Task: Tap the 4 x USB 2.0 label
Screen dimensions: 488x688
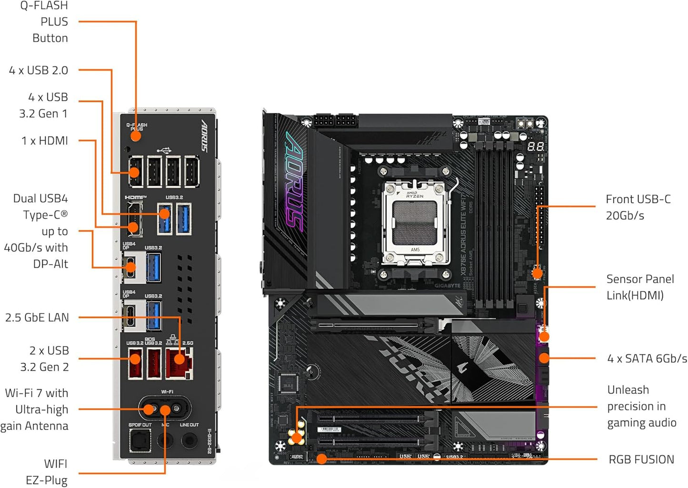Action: point(39,70)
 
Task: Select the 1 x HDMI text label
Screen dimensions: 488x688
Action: point(45,141)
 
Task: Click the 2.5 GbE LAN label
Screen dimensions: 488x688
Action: point(37,318)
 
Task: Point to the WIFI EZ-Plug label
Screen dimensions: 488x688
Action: point(47,472)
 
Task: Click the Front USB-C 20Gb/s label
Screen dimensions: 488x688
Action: point(638,207)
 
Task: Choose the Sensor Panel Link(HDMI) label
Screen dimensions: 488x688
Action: point(639,287)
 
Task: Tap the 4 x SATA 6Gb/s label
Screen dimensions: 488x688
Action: point(647,359)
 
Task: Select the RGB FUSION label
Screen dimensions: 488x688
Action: point(641,459)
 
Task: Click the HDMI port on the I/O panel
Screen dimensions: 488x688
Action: point(134,219)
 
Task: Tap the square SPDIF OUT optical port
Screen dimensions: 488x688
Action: point(140,440)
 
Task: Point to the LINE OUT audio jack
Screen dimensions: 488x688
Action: point(189,440)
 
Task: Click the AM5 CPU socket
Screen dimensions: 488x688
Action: point(415,222)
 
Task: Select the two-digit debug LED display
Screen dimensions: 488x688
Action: point(535,147)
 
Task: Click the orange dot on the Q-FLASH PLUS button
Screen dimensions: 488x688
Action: point(136,136)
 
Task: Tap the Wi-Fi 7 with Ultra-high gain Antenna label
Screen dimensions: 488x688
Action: point(36,409)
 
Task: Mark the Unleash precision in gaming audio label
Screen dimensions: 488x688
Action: point(641,406)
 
